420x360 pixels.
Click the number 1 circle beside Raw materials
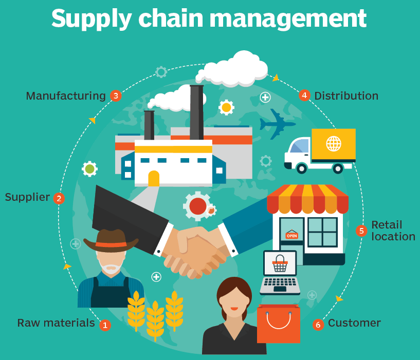[x=105, y=325]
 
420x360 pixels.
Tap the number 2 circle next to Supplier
[x=59, y=198]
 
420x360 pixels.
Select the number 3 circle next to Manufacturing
[x=116, y=96]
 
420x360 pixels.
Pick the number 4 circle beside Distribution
[x=304, y=95]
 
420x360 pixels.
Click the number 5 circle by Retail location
[x=361, y=231]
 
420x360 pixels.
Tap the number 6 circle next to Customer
[x=318, y=325]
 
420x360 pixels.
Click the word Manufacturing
[x=66, y=96]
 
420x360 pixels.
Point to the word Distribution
[x=346, y=96]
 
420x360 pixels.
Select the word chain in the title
[x=171, y=18]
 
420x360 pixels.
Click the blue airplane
[x=277, y=124]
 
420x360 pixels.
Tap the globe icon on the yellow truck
[x=334, y=143]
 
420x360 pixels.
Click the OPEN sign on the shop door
[x=291, y=235]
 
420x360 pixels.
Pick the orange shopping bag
[x=279, y=324]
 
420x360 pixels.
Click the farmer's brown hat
[x=111, y=240]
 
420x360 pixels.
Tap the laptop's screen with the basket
[x=280, y=263]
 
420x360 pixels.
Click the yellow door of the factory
[x=154, y=178]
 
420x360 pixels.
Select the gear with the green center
[x=90, y=169]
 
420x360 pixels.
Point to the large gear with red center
[x=198, y=206]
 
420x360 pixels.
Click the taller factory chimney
[x=196, y=112]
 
